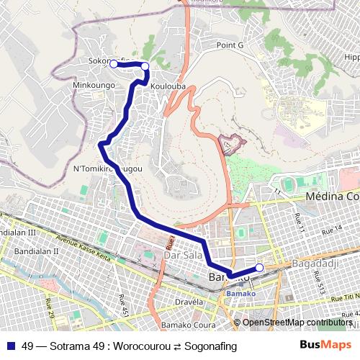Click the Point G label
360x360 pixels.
click(230, 45)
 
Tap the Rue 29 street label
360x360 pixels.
click(50, 308)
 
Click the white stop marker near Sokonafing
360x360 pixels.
click(113, 64)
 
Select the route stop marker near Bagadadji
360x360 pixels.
click(259, 268)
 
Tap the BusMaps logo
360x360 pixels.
click(325, 346)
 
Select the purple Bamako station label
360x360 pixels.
click(236, 294)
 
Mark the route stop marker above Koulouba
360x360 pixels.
click(145, 66)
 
